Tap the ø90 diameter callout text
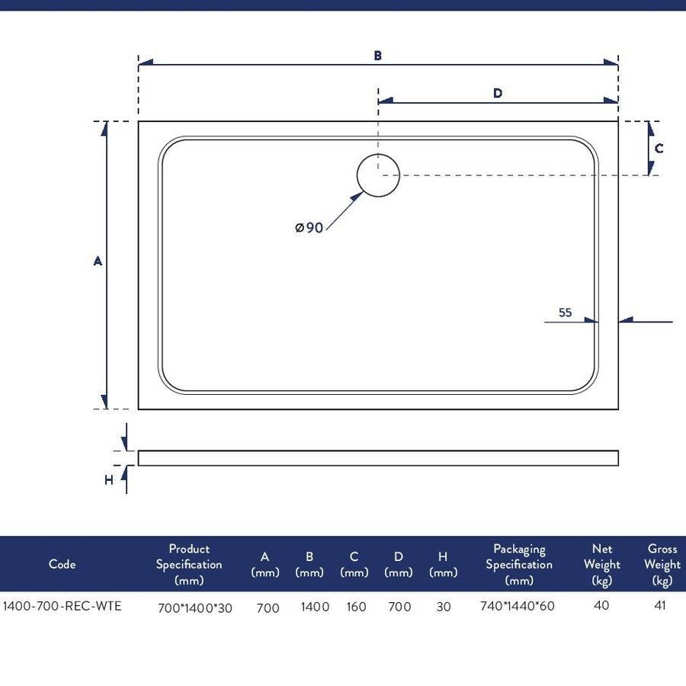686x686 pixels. coord(309,227)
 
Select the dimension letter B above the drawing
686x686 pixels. coord(377,56)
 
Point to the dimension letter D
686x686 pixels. coord(498,93)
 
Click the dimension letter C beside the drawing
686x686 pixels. coord(659,149)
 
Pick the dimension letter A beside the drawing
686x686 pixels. coord(98,261)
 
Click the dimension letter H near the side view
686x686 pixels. coord(109,480)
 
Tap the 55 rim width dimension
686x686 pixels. coord(565,313)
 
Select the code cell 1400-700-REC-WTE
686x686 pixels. coord(62,606)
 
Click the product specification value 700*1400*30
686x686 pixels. coord(194,607)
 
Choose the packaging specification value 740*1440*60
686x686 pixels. coord(517,606)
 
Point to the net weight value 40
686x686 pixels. coord(601,605)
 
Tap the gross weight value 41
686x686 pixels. coord(660,605)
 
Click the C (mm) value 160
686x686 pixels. coord(356,607)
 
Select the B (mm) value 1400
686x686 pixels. coord(315,607)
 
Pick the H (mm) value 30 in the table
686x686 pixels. coord(443,607)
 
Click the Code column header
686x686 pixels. coord(63,564)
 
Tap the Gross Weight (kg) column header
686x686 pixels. coord(662,564)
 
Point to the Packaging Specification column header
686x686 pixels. coord(519,564)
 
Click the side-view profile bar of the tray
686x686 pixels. coord(378,458)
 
